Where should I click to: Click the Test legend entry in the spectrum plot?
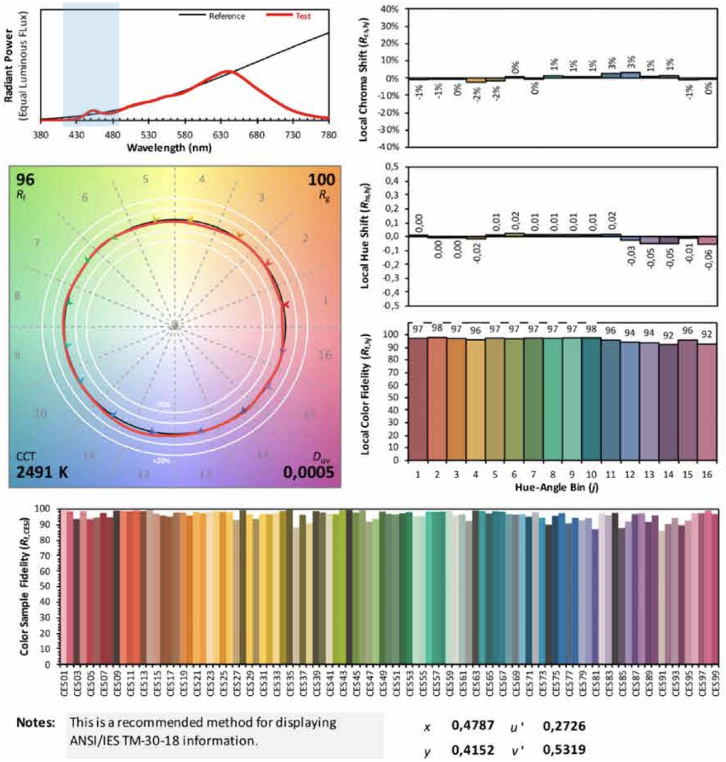(x=303, y=16)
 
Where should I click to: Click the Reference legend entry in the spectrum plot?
(x=226, y=16)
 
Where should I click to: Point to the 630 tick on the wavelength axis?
(x=221, y=135)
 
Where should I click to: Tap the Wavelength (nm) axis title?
(x=169, y=148)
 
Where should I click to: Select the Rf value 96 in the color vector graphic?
(x=26, y=180)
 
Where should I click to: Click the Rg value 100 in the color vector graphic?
(x=321, y=180)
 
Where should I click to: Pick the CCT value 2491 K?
(x=42, y=472)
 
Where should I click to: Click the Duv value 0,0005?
(x=308, y=472)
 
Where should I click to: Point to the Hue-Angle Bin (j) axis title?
(x=557, y=487)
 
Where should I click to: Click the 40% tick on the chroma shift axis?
(x=389, y=9)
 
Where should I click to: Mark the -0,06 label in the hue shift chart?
(x=708, y=259)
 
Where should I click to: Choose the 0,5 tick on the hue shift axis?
(x=392, y=167)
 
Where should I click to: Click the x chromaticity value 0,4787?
(x=473, y=725)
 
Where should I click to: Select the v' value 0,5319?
(x=564, y=750)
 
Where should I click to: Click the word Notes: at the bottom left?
(x=36, y=722)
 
